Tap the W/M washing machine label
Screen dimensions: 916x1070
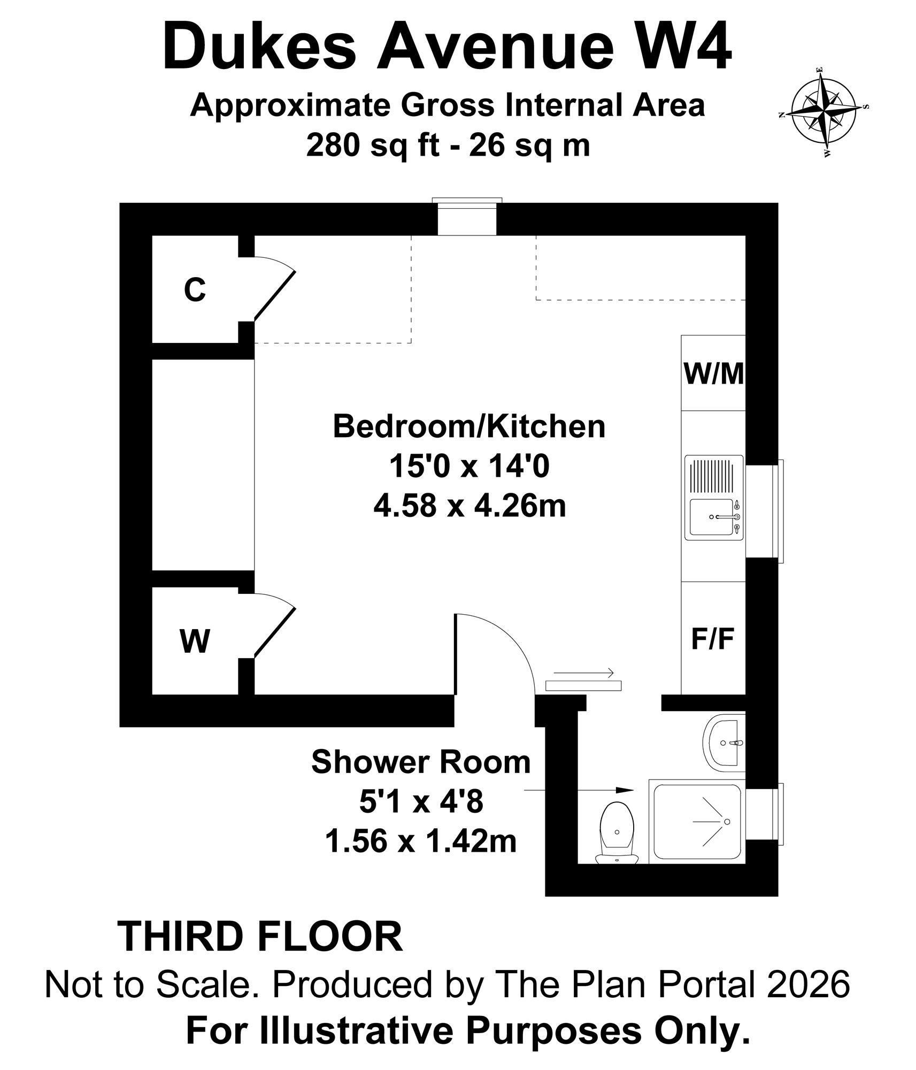tap(714, 373)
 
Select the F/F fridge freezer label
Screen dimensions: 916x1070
tap(713, 638)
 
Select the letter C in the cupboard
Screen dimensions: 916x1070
tap(195, 290)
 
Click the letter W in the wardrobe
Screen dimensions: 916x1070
tap(195, 641)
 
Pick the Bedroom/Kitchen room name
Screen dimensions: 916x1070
tap(469, 427)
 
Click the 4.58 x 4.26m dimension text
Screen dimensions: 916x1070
tap(469, 506)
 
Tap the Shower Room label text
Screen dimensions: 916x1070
tap(421, 762)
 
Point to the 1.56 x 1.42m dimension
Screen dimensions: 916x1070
tap(421, 840)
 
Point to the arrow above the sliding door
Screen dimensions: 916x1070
tap(583, 673)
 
